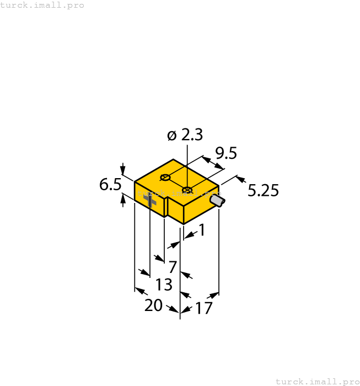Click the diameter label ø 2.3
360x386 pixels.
pos(185,135)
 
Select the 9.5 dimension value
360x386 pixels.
pos(225,153)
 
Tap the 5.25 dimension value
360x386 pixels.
pos(263,191)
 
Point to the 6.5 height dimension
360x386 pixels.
pos(110,185)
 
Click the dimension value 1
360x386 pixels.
pos(201,230)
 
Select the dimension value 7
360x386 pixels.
pos(173,267)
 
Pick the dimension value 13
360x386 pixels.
pos(164,285)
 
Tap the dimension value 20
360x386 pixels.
pos(153,305)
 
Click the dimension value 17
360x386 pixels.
pos(203,308)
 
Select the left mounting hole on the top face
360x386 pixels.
pos(164,178)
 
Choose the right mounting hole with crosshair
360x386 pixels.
pos(187,191)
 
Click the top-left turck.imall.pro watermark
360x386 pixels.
pos(42,5)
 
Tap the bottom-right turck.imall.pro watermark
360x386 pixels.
pos(317,381)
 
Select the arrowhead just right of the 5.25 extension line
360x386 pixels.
pos(241,179)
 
